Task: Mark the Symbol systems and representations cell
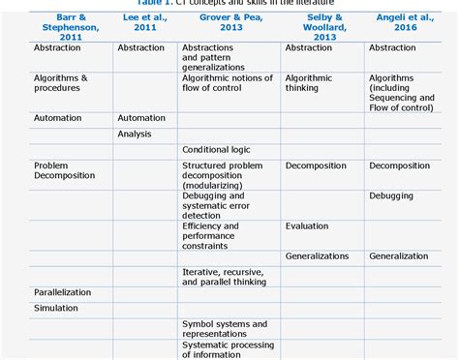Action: pyautogui.click(x=225, y=329)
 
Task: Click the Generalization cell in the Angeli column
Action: pyautogui.click(x=398, y=256)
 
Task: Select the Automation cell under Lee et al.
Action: pyautogui.click(x=141, y=118)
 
